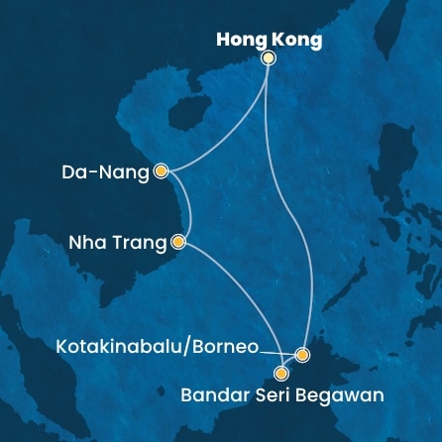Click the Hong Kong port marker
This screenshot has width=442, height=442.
coord(268,58)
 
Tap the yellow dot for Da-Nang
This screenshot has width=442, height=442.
coord(161,171)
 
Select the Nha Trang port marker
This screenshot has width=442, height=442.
coord(178,241)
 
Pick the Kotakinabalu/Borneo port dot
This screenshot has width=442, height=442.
coord(302,354)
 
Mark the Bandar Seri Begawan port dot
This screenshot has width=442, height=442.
coord(281,374)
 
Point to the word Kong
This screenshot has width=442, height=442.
coord(297,41)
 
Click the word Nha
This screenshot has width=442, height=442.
coord(85,242)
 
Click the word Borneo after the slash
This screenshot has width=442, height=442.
coord(226,348)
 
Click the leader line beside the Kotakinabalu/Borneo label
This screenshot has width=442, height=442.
coord(274,352)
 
